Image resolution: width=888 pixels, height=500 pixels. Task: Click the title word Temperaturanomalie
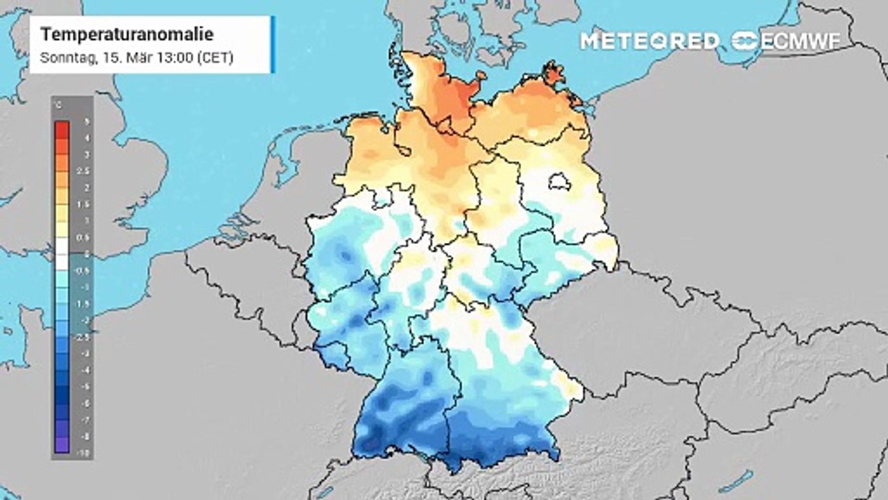point(126,35)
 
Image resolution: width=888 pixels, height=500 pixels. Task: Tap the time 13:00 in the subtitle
point(175,58)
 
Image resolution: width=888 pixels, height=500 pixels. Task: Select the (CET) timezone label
point(215,58)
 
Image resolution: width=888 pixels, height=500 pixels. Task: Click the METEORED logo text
point(649,41)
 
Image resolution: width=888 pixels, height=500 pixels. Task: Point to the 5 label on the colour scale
point(86,122)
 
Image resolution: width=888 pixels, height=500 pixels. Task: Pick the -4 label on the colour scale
point(86,369)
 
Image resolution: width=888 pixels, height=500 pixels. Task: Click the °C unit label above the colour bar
point(58,106)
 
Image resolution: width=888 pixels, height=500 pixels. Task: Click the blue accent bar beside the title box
point(273,44)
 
